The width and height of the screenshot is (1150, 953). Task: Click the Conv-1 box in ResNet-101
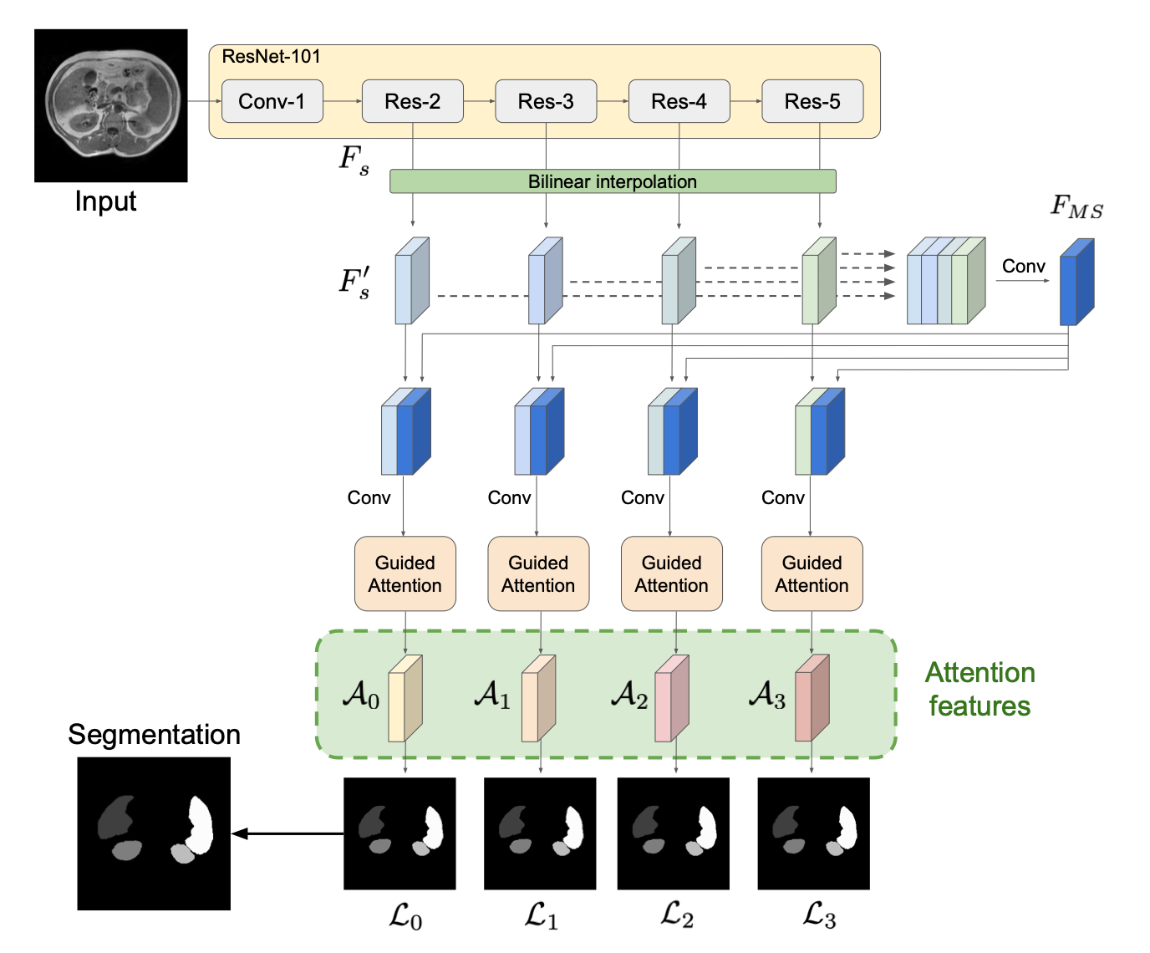[272, 101]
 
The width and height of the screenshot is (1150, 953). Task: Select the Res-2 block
[412, 101]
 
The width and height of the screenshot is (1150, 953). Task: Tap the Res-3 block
[546, 101]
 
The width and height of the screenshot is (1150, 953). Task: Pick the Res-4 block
[679, 101]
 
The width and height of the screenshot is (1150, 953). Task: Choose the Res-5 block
[812, 101]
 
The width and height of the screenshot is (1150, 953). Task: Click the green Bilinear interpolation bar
[612, 181]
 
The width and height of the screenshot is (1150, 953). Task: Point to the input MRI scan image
[110, 105]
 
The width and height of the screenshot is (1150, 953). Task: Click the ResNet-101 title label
[271, 57]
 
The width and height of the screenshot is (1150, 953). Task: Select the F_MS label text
[1076, 206]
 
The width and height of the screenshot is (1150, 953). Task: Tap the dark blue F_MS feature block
[1076, 283]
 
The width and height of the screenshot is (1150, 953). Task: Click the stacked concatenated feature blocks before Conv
[945, 281]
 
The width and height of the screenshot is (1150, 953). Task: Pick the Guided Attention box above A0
[405, 573]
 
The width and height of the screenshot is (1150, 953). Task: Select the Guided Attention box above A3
[812, 573]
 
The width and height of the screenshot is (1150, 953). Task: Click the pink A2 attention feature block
[671, 699]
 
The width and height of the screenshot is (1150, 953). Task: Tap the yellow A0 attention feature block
[405, 699]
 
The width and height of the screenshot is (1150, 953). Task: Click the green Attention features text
[980, 690]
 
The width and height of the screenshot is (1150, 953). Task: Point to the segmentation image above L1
[540, 833]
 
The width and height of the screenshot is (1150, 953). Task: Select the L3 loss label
[819, 915]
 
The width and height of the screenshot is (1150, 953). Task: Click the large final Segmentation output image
[154, 833]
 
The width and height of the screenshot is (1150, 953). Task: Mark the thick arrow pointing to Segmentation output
[287, 833]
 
